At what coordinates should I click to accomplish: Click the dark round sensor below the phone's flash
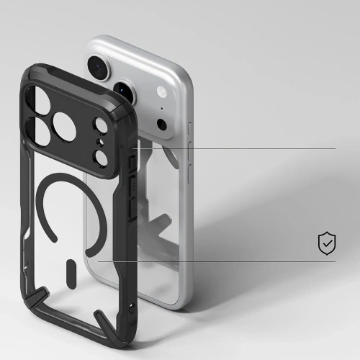(162, 124)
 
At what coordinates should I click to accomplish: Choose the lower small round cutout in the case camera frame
(102, 154)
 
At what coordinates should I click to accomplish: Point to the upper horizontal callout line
(238, 148)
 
